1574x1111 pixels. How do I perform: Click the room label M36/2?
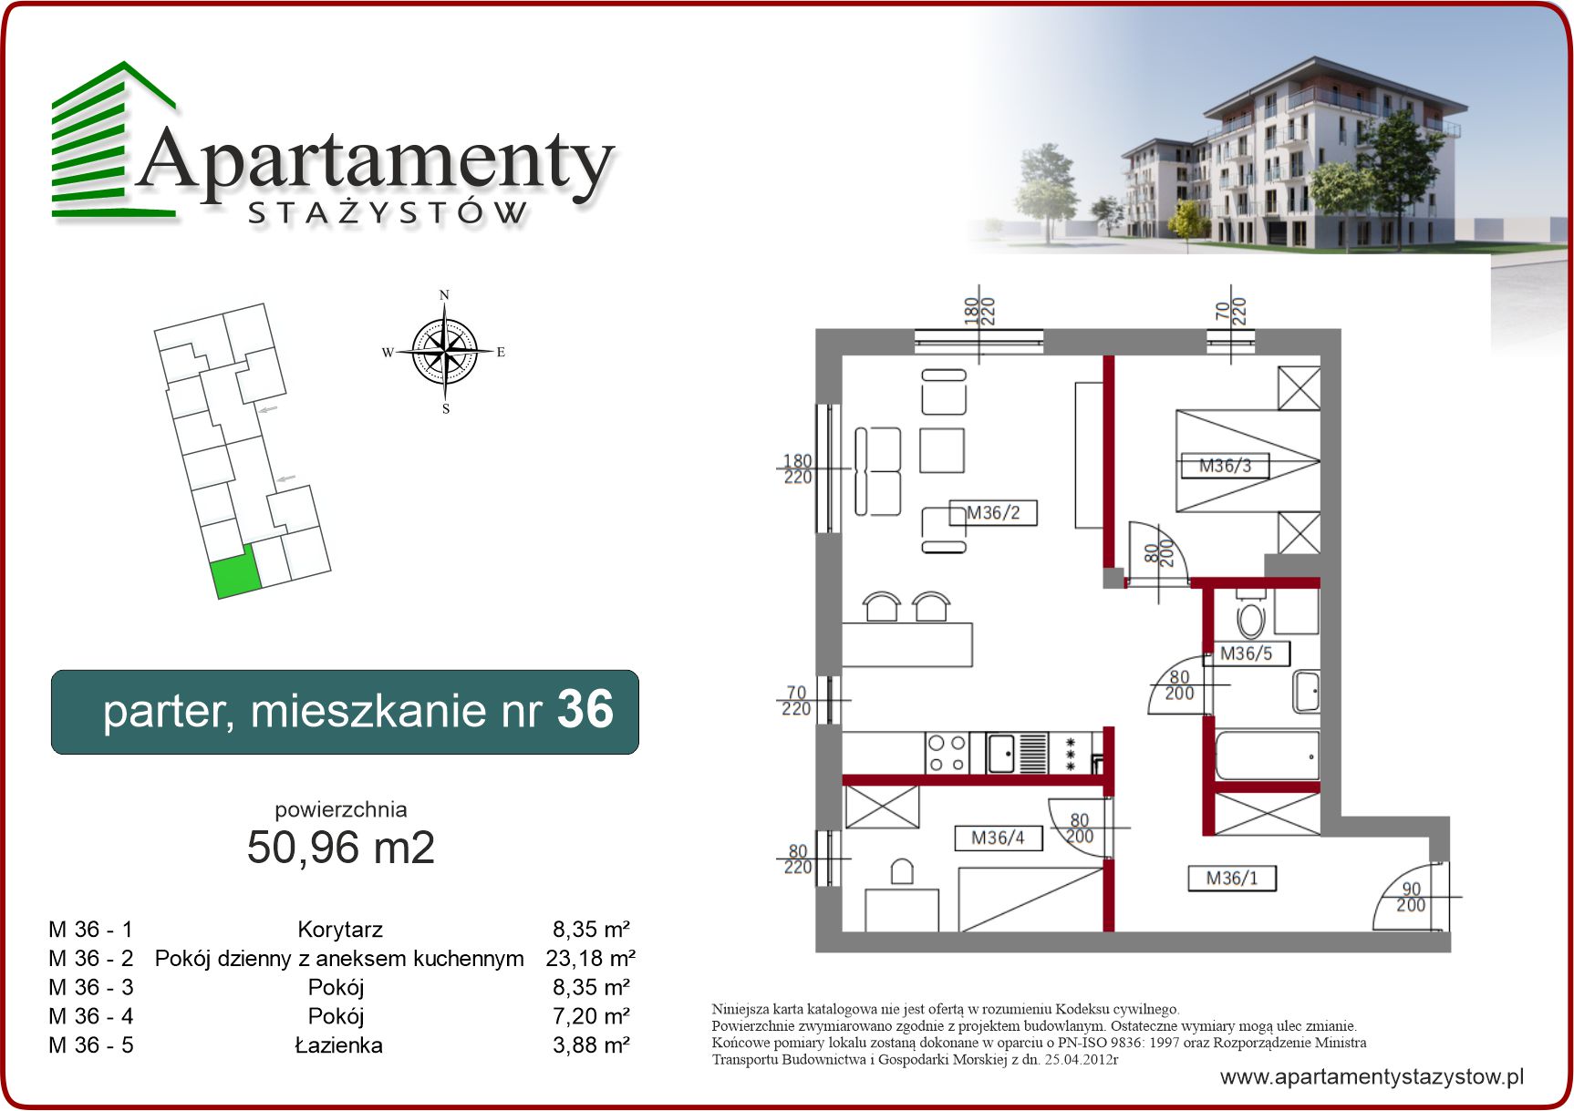pos(993,513)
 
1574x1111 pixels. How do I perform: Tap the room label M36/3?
pos(1225,466)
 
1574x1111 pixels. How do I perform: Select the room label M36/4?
pos(998,838)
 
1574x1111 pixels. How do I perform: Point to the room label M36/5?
pos(1246,653)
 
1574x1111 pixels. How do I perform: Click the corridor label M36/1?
pos(1231,878)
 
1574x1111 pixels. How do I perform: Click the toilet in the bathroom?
pos(1250,616)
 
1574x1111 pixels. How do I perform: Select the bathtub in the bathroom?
pos(1268,756)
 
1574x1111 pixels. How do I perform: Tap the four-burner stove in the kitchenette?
pos(947,754)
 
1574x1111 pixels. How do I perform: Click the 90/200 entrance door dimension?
pos(1411,897)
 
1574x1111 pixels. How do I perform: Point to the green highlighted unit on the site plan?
pos(236,573)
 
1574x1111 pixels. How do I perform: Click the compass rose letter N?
pos(444,294)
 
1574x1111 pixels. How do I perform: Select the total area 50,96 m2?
pos(341,847)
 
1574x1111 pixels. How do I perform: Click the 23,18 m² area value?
pos(591,958)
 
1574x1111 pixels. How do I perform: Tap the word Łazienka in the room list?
pos(338,1044)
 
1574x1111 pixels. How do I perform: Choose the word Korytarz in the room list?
pos(340,930)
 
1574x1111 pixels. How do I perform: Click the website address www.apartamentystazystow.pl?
pos(1372,1076)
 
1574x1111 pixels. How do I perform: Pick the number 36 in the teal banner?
pos(585,709)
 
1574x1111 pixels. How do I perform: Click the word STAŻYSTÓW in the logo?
pos(388,212)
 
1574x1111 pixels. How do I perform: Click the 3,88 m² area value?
pos(591,1044)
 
